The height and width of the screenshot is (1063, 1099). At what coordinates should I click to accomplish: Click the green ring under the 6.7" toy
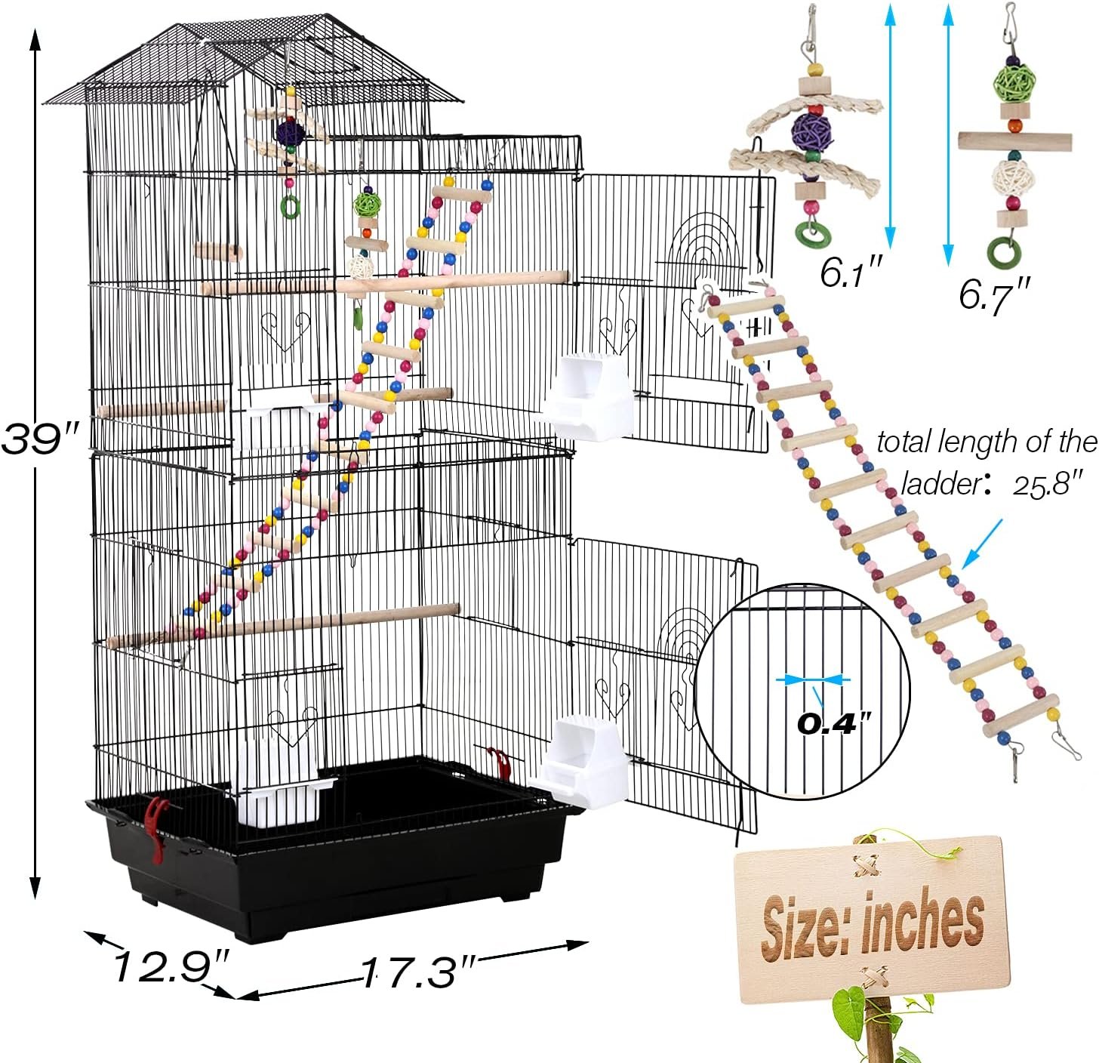1005,249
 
